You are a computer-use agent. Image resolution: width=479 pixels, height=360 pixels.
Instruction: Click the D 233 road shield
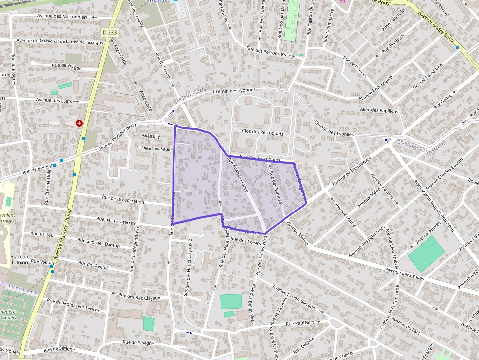110,32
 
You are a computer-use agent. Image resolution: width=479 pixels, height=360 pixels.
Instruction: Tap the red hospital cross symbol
79,123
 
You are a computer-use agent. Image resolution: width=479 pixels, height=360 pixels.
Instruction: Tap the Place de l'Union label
20,259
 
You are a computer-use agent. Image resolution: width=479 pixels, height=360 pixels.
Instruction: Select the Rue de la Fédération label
123,201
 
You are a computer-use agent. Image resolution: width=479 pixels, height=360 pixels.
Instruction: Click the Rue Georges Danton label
98,242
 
